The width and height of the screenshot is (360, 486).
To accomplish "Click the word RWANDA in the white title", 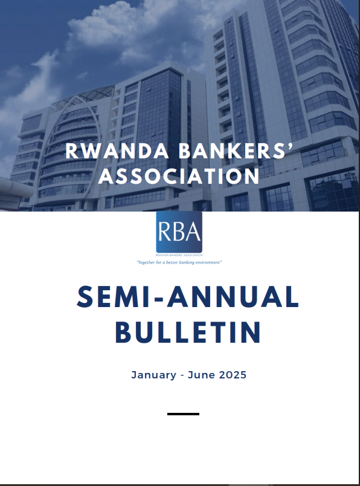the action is pyautogui.click(x=117, y=151).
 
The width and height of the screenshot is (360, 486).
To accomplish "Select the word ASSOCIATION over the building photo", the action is pyautogui.click(x=179, y=177).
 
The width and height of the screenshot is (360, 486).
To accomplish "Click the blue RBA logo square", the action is pyautogui.click(x=179, y=232).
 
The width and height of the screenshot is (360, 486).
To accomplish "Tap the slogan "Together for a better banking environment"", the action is pyautogui.click(x=179, y=262).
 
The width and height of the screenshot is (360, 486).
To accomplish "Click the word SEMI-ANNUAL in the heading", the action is pyautogui.click(x=188, y=297).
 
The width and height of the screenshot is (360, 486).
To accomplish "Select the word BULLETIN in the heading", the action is pyautogui.click(x=188, y=332).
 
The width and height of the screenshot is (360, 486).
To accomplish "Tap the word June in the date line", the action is pyautogui.click(x=201, y=375).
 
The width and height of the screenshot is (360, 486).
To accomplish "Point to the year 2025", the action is pyautogui.click(x=233, y=375).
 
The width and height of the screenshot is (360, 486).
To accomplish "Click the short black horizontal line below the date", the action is pyautogui.click(x=183, y=414).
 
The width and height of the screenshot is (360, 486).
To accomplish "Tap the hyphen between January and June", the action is pyautogui.click(x=182, y=375).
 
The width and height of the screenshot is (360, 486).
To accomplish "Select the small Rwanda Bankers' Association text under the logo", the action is pyautogui.click(x=179, y=255).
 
